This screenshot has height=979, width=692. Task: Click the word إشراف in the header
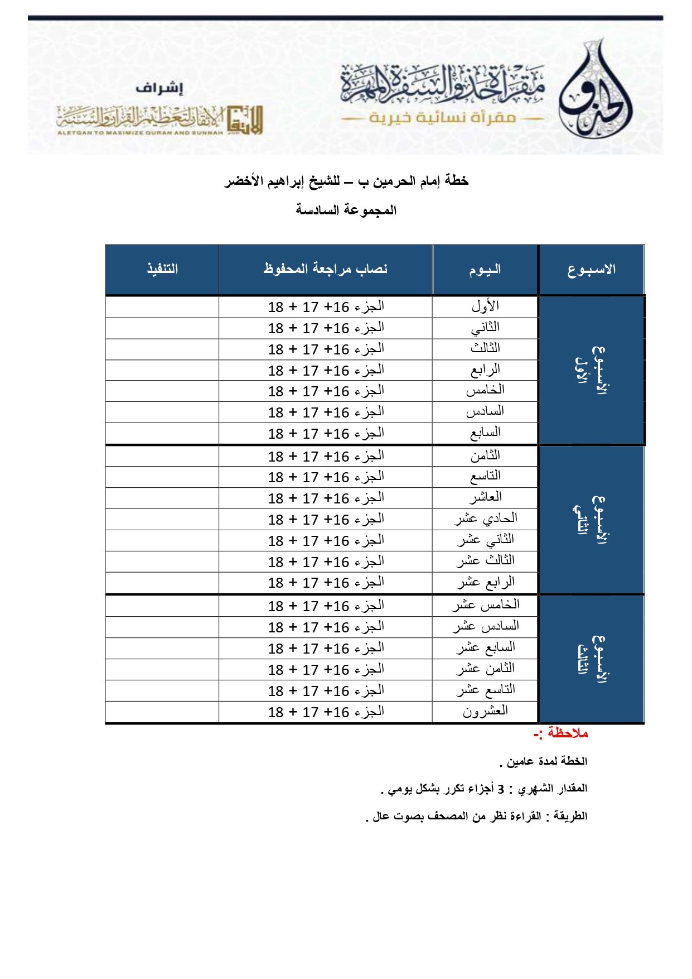[159, 88]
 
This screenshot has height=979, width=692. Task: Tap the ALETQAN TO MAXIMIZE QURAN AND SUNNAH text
[140, 133]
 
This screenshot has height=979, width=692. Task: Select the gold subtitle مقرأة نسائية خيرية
[442, 118]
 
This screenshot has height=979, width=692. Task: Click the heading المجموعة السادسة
[346, 210]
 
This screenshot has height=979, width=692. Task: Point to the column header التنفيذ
[162, 269]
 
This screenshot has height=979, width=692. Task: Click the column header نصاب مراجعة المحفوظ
[326, 269]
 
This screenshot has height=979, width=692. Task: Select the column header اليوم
[485, 270]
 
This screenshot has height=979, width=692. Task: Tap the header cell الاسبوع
[591, 270]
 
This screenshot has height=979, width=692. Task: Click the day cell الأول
[485, 306]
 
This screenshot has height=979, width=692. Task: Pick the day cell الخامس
[485, 390]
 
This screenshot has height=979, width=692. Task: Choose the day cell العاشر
[485, 497]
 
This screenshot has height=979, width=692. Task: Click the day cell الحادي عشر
[485, 519]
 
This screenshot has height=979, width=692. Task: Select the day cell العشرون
[485, 711]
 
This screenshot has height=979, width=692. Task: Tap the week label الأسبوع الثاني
[591, 519]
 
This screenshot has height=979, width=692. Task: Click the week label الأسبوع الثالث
[591, 659]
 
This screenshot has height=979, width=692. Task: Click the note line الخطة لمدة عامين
[544, 761]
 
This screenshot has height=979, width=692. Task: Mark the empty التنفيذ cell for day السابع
[162, 433]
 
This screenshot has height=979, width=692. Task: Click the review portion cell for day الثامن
[326, 456]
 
